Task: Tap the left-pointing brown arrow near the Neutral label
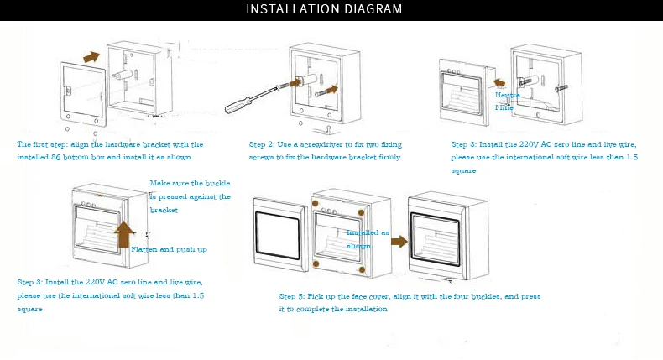497,82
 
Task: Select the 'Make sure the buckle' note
190,183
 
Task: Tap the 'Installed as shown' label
368,239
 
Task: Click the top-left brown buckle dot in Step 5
315,203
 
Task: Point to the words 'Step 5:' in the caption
291,296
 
